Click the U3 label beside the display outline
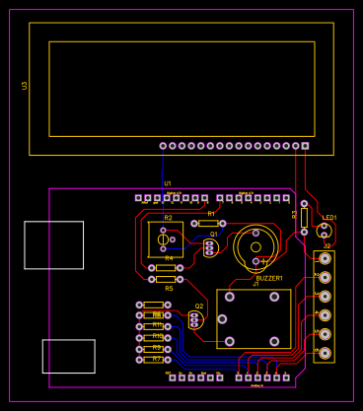[25, 86]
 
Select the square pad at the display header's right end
[305, 146]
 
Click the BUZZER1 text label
[269, 278]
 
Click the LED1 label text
[329, 218]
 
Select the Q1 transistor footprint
[209, 247]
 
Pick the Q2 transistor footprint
[194, 320]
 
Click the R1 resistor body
[208, 224]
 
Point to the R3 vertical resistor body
[304, 217]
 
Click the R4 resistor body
[166, 267]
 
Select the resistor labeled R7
[154, 360]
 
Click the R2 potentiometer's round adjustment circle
[164, 240]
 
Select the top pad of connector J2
[325, 258]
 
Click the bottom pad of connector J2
[325, 353]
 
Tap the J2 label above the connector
[327, 246]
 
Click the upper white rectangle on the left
[53, 245]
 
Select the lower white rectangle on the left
[68, 356]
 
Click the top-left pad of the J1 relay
[230, 297]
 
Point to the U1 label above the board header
[168, 183]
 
